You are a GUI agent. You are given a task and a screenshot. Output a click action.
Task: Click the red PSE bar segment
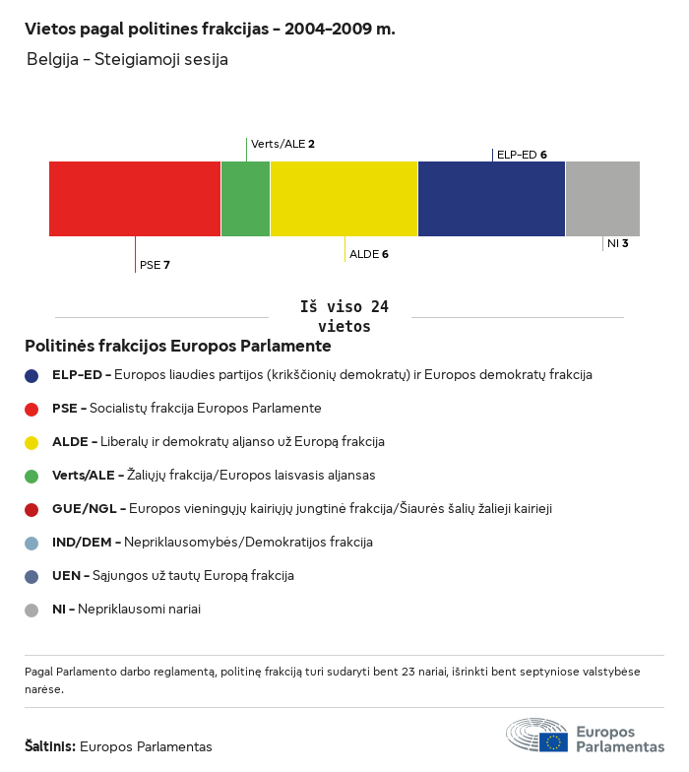pyautogui.click(x=135, y=199)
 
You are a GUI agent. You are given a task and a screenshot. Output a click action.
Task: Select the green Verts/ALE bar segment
pyautogui.click(x=245, y=199)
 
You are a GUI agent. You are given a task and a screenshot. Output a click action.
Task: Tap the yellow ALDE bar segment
pyautogui.click(x=344, y=199)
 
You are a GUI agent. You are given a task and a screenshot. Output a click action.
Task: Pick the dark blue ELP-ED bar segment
pyautogui.click(x=491, y=199)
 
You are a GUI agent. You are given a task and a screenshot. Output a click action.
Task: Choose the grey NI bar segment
pyautogui.click(x=602, y=199)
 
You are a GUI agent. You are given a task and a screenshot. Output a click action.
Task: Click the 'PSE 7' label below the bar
pyautogui.click(x=156, y=265)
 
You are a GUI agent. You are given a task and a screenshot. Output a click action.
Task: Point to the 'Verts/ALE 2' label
pyautogui.click(x=282, y=144)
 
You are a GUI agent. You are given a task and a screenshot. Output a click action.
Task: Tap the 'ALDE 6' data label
pyautogui.click(x=369, y=254)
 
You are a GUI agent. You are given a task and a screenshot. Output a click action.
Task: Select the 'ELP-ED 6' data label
pyautogui.click(x=522, y=155)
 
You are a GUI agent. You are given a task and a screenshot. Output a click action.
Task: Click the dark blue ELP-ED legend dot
pyautogui.click(x=31, y=375)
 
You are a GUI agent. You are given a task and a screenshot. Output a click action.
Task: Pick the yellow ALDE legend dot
pyautogui.click(x=31, y=442)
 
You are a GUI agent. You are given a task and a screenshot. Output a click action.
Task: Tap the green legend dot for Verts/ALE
pyautogui.click(x=31, y=476)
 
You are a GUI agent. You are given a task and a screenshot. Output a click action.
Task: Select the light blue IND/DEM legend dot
pyautogui.click(x=31, y=543)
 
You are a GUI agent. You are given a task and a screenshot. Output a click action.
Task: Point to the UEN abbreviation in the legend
pyautogui.click(x=67, y=576)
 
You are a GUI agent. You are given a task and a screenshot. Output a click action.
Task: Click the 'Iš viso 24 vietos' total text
pyautogui.click(x=344, y=317)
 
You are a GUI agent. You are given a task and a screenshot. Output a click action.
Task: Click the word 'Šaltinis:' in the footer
pyautogui.click(x=50, y=746)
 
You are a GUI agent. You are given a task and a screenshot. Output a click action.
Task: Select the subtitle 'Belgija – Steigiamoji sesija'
pyautogui.click(x=128, y=59)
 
